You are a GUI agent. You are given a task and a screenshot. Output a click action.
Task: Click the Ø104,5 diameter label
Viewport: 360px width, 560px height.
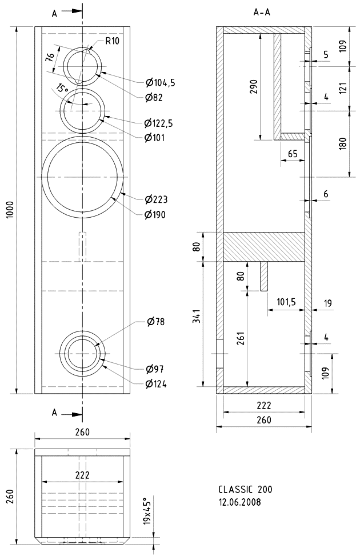point(160,83)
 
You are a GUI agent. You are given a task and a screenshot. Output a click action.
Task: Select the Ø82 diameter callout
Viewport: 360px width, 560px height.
point(154,97)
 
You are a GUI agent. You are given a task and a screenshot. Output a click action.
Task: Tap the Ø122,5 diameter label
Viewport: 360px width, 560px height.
point(159,123)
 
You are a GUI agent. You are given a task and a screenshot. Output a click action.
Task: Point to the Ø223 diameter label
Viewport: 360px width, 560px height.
point(156,199)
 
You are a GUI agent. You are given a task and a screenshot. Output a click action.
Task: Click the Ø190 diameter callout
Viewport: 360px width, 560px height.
point(155,215)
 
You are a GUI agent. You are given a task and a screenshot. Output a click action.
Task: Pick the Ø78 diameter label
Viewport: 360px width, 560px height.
point(155,322)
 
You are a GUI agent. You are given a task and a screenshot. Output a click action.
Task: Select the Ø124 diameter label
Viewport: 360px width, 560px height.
point(156,384)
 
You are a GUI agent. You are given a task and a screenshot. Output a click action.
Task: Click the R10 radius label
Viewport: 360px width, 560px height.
point(113,41)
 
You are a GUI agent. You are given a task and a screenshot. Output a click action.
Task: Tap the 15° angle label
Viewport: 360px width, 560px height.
point(62,88)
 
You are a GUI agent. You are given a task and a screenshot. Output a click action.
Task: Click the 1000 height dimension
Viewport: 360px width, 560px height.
point(10,210)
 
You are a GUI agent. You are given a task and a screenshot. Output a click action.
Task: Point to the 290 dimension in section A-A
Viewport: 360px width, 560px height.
point(254,86)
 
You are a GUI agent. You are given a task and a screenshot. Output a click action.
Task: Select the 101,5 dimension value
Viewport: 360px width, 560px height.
point(286,302)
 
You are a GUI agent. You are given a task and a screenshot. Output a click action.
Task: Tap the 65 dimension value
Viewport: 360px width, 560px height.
point(293,154)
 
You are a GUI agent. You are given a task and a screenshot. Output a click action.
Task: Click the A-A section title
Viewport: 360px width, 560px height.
point(262,13)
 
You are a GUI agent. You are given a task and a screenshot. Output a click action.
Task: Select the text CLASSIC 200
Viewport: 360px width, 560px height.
point(245,489)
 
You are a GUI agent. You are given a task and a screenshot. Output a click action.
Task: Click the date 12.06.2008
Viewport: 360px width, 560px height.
point(239,502)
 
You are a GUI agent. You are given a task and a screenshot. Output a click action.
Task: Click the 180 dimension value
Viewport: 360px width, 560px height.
point(343,143)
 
